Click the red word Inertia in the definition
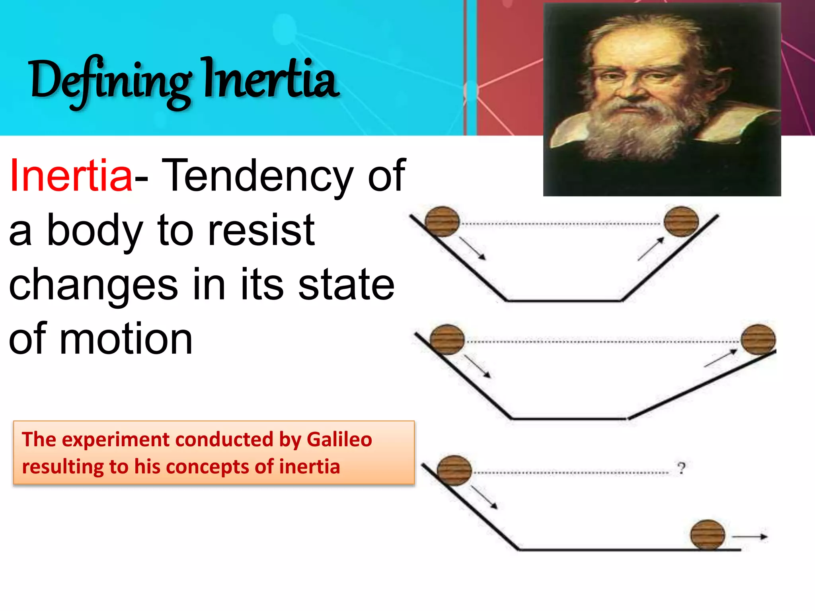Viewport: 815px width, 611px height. click(x=71, y=175)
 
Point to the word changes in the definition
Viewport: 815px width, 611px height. click(x=94, y=284)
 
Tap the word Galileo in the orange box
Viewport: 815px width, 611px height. click(x=339, y=440)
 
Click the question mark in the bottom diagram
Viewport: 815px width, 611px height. click(x=682, y=468)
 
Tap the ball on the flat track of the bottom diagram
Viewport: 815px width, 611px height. click(x=708, y=534)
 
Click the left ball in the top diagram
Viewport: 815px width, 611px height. click(x=442, y=222)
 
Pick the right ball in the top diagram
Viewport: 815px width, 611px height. click(x=681, y=222)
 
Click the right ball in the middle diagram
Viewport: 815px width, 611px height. click(x=758, y=339)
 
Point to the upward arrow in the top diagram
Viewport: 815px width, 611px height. click(x=651, y=249)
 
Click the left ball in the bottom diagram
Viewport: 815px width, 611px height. click(x=454, y=471)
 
